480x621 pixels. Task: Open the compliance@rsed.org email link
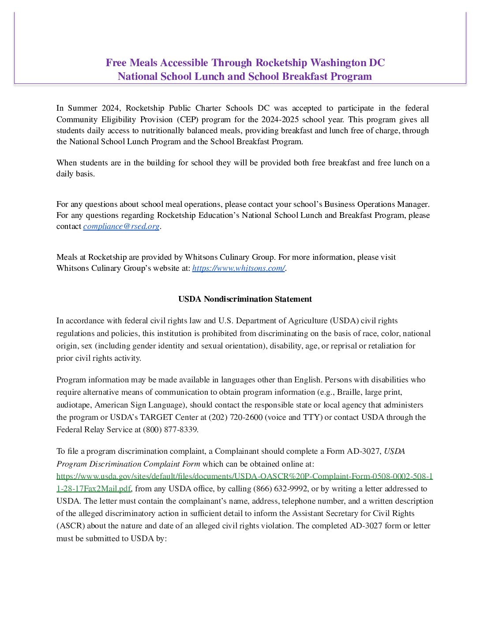[x=121, y=226]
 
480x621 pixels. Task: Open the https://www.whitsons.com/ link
[x=238, y=268]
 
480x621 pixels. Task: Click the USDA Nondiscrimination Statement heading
[x=245, y=299]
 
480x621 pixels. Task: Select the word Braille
[x=349, y=392]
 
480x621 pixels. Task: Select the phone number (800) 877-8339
[x=170, y=430]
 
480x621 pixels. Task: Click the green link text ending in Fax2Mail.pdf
[x=94, y=489]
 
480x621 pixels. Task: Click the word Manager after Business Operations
[x=413, y=204]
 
